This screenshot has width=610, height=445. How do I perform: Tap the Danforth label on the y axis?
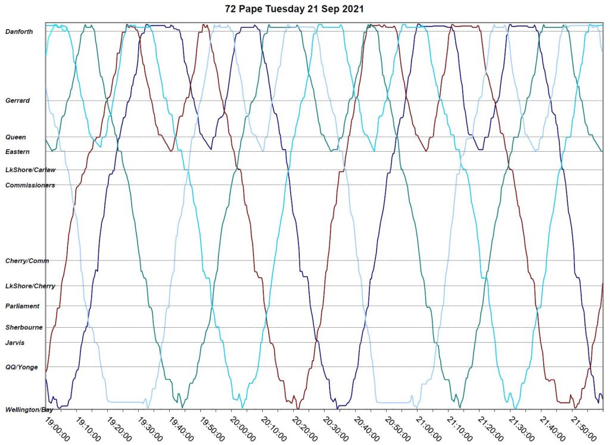tap(19, 31)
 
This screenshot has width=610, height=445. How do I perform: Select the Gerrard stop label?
tap(17, 101)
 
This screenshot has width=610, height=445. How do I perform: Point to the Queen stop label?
tap(15, 137)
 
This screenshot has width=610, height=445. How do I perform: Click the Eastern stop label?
tap(17, 152)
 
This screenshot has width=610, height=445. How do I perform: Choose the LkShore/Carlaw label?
tap(30, 170)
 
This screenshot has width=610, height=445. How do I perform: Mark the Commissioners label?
tap(30, 185)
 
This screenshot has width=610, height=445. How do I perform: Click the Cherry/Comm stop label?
tap(27, 261)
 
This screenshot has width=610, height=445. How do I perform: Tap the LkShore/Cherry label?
tap(30, 286)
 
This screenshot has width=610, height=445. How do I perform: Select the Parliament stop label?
tap(22, 306)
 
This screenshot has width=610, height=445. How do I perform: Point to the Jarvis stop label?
tap(15, 342)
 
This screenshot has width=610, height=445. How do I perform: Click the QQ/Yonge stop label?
tap(21, 367)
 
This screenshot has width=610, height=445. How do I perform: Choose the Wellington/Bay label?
tap(29, 410)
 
